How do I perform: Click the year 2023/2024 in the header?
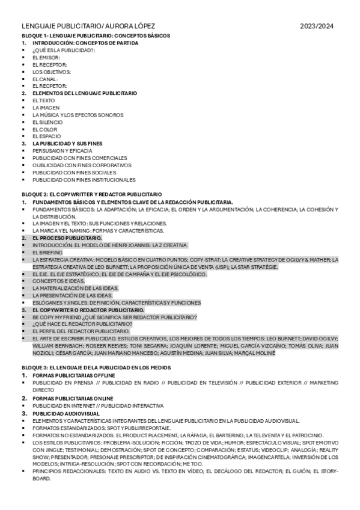click(x=317, y=26)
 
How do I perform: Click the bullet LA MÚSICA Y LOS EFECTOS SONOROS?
click(x=78, y=115)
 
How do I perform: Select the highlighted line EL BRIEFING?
click(x=47, y=253)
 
